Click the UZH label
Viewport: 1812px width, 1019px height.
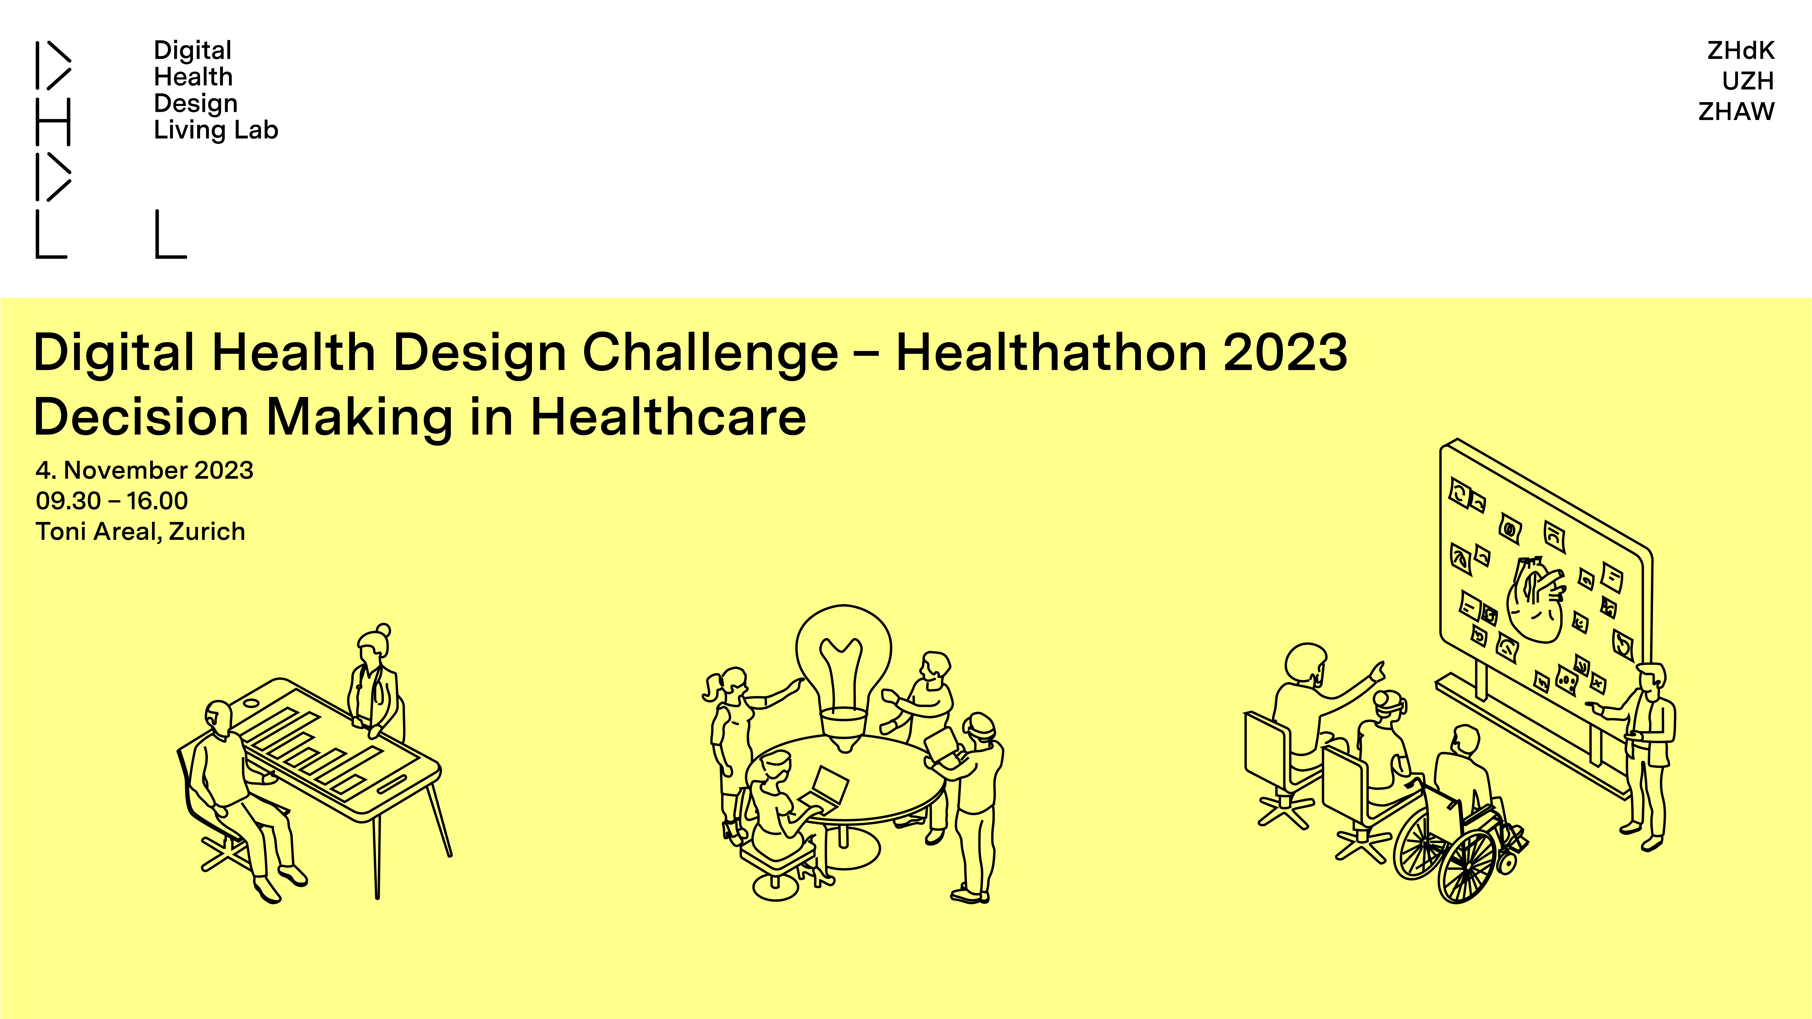pos(1748,81)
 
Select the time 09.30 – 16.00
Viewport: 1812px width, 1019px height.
pos(112,501)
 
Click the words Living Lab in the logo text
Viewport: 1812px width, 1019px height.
pos(216,130)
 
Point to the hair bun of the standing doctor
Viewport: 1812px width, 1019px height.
pos(383,630)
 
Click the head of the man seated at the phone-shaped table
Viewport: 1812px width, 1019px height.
pos(218,717)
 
